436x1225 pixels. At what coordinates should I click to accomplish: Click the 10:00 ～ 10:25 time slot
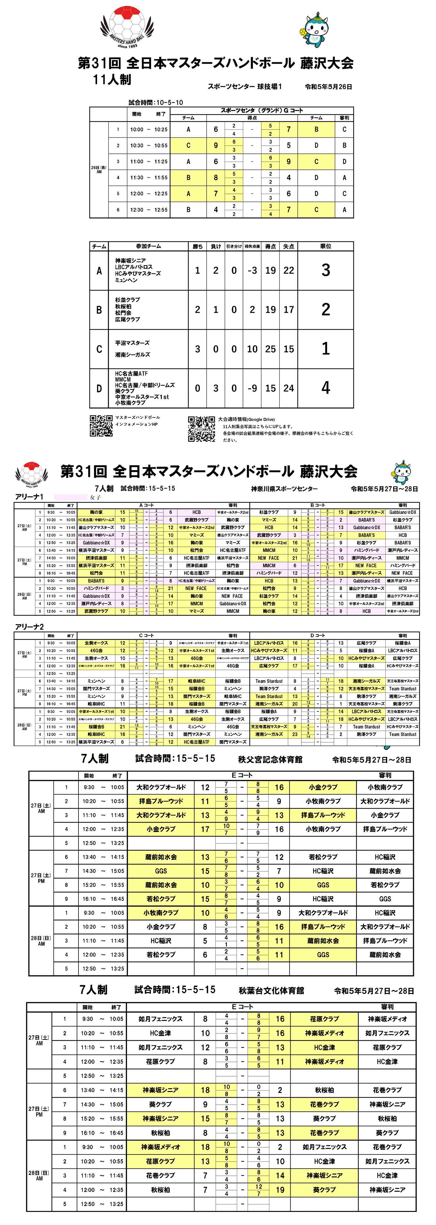(149, 129)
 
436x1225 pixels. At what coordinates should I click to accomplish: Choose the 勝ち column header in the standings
(198, 246)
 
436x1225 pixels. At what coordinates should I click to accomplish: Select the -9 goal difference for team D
(252, 388)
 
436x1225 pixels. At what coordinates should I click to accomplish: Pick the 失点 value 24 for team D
(288, 388)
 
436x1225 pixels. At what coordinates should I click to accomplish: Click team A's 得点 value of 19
(270, 270)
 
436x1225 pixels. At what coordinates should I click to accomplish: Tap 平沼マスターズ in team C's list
(132, 343)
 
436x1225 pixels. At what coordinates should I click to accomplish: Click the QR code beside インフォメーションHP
(101, 426)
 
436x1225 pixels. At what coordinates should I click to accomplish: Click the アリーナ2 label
(29, 627)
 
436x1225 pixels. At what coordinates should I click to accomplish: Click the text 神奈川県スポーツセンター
(284, 488)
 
